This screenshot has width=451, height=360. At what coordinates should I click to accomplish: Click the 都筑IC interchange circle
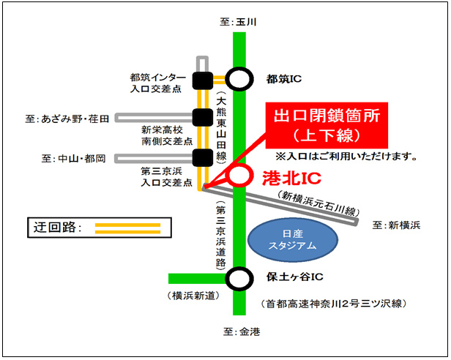point(239,78)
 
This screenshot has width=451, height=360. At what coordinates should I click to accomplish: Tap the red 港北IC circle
point(239,176)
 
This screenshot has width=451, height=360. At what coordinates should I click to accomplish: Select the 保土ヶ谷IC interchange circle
point(239,278)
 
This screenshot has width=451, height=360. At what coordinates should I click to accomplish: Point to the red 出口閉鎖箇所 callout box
point(326,125)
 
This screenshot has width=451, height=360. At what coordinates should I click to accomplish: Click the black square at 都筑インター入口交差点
point(201,79)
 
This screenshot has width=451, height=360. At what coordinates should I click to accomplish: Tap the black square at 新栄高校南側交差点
point(201,116)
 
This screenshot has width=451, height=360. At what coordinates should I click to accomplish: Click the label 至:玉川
point(239,23)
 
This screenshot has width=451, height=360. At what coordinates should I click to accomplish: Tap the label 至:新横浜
point(396,225)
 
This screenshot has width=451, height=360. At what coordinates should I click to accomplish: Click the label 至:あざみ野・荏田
point(67,118)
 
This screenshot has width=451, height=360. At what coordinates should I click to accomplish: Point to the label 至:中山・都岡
point(74,158)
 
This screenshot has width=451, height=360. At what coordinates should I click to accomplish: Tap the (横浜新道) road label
point(189,295)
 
